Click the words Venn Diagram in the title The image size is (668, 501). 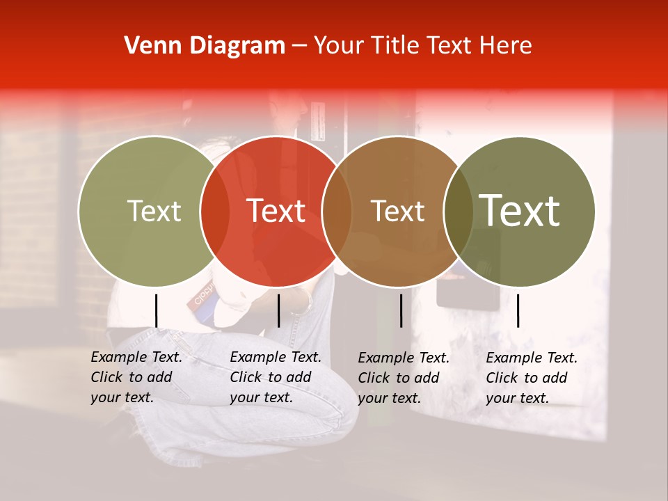(x=205, y=46)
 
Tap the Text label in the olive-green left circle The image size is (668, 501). (x=154, y=211)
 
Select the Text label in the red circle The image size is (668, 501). (x=276, y=211)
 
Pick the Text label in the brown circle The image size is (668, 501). (x=397, y=211)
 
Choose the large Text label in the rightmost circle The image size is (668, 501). (x=520, y=211)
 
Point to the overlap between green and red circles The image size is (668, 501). (x=215, y=211)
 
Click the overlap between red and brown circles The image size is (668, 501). (x=337, y=211)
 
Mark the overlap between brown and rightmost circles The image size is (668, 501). (x=459, y=211)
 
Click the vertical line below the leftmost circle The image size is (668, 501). (x=156, y=310)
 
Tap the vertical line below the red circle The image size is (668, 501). (x=278, y=310)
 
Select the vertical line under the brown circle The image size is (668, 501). (x=401, y=310)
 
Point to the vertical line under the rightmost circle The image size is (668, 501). (x=518, y=310)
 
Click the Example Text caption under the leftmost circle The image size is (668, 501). (x=136, y=377)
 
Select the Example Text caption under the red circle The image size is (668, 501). (x=276, y=377)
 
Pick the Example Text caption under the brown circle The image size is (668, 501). (x=404, y=378)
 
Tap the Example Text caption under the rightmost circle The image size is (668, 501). (x=532, y=378)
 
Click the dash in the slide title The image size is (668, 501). (x=299, y=46)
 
